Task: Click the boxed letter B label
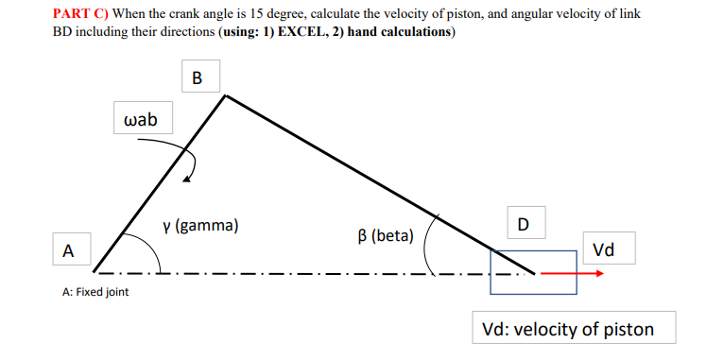point(196,77)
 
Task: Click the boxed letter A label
point(66,250)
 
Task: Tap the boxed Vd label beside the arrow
point(603,249)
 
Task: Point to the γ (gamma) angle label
point(199,226)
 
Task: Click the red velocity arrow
point(572,273)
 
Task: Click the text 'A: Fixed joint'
point(95,292)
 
